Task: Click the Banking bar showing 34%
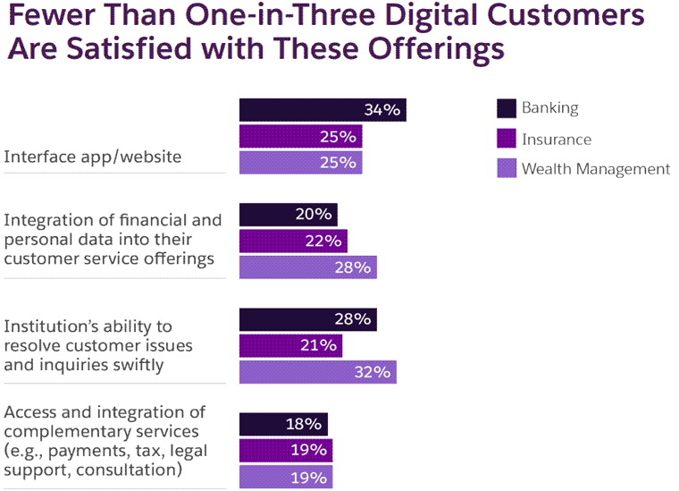tap(323, 110)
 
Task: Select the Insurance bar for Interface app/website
tap(300, 137)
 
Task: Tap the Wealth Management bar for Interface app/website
tap(300, 163)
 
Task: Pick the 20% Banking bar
tap(288, 215)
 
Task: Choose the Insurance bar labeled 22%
tap(293, 241)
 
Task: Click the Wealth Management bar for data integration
tap(307, 267)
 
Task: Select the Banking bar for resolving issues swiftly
tap(307, 319)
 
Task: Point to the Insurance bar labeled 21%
tap(290, 345)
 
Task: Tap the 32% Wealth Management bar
tap(317, 372)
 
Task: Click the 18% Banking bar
tap(283, 424)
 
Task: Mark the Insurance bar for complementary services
tap(286, 450)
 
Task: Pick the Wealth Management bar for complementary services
tap(286, 477)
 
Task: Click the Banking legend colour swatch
tap(507, 109)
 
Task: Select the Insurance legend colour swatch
tap(507, 139)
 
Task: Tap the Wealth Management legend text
tap(596, 168)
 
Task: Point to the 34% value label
tap(382, 110)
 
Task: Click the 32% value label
tap(373, 372)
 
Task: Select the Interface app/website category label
tap(93, 157)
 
